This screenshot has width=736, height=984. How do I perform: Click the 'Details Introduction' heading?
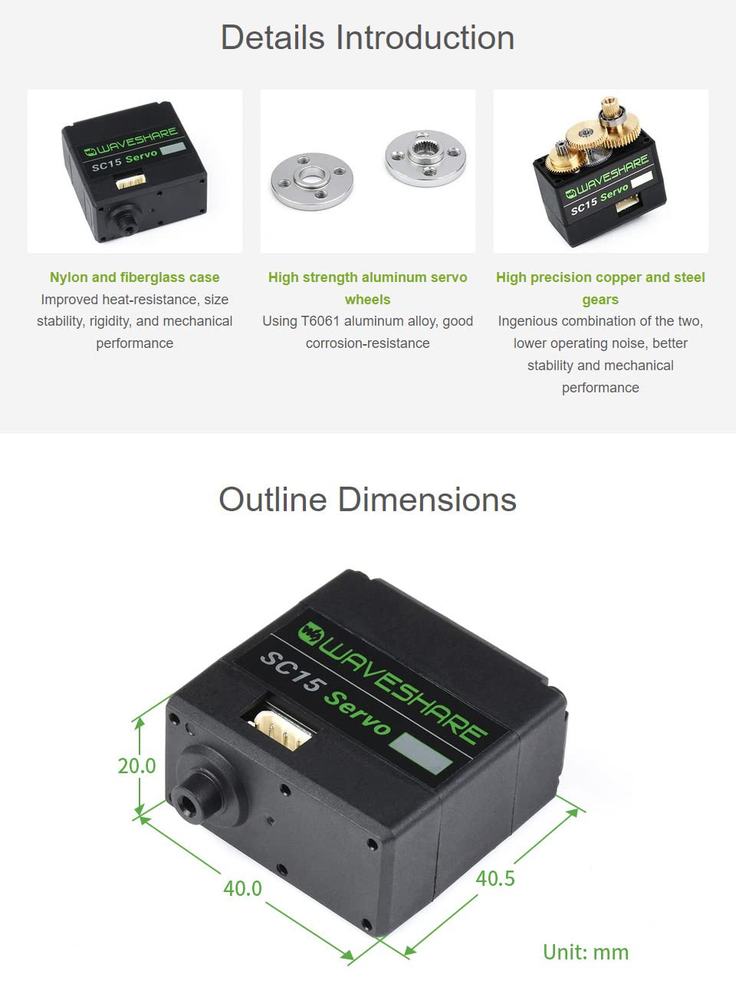pyautogui.click(x=367, y=38)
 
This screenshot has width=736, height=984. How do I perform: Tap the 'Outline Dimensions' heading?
pyautogui.click(x=367, y=499)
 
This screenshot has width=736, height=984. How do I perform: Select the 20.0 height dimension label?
pyautogui.click(x=136, y=766)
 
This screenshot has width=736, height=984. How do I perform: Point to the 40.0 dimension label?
pyautogui.click(x=242, y=888)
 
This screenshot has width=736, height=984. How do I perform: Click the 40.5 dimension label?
pyautogui.click(x=495, y=878)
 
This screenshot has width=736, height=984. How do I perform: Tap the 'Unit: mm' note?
pyautogui.click(x=586, y=952)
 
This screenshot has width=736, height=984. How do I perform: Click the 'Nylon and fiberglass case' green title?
pyautogui.click(x=135, y=277)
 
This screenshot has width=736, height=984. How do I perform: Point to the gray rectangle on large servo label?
pyautogui.click(x=420, y=753)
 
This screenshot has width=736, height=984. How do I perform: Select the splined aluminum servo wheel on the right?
pyautogui.click(x=426, y=158)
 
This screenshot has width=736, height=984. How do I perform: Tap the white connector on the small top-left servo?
pyautogui.click(x=131, y=181)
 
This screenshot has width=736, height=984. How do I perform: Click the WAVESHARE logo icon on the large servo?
pyautogui.click(x=310, y=634)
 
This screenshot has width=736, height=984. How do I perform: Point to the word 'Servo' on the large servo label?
pyautogui.click(x=357, y=713)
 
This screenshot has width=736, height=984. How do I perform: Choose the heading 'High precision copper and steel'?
pyautogui.click(x=600, y=277)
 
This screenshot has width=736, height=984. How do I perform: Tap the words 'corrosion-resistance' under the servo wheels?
pyautogui.click(x=367, y=343)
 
